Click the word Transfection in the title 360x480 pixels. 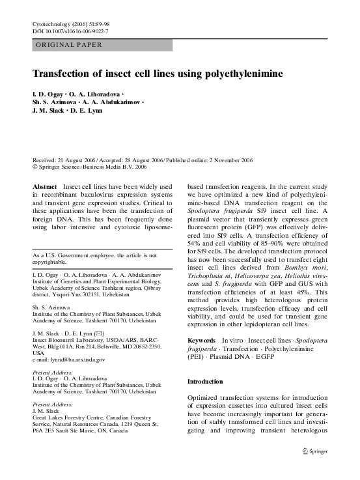point(66,74)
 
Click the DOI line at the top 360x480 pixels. point(70,31)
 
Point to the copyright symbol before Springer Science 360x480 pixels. point(35,167)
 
